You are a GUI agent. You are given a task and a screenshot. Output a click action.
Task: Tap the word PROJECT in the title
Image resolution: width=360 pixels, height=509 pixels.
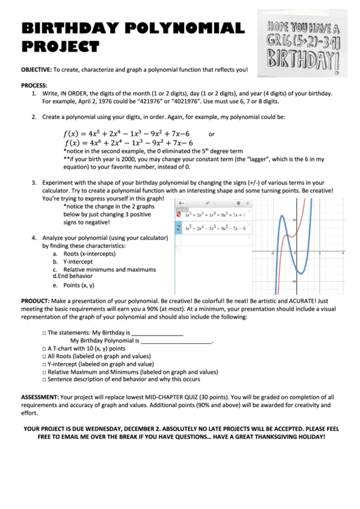(60, 47)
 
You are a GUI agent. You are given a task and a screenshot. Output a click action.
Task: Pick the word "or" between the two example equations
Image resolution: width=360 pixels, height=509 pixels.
(211, 134)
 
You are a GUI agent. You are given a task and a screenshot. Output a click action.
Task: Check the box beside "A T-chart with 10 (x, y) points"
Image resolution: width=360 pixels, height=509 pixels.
(43, 348)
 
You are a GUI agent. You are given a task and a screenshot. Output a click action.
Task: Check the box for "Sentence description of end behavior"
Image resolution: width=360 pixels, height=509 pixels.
(43, 380)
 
